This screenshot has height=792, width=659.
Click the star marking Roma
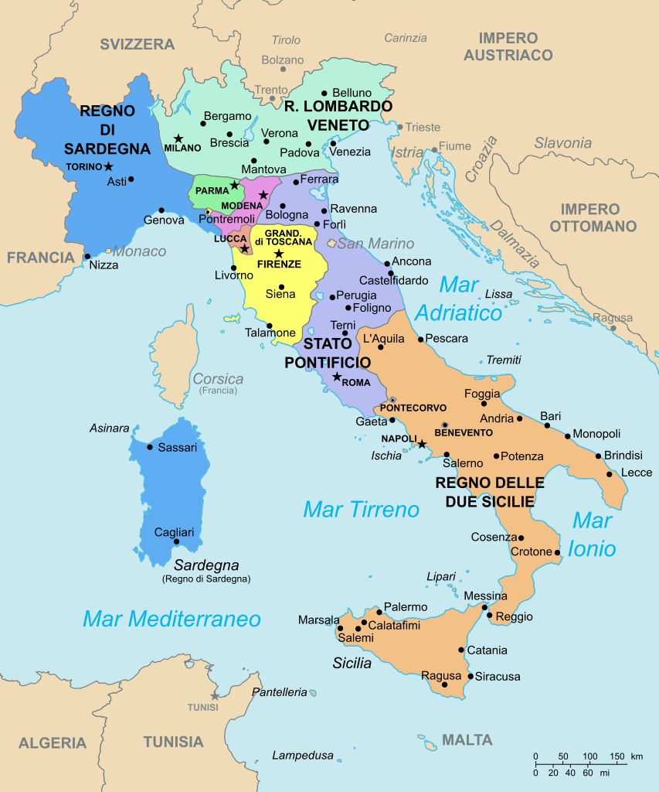[x=337, y=377]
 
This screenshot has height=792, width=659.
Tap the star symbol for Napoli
[x=423, y=444]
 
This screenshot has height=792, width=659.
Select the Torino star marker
[x=108, y=166]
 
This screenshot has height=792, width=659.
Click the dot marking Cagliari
[x=176, y=541]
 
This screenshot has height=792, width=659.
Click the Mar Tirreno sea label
[x=361, y=510]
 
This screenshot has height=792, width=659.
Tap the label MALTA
[x=467, y=739]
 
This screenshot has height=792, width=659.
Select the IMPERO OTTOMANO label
[x=590, y=217]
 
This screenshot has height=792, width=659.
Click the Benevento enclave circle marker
[x=445, y=425]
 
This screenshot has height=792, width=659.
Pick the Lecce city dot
[x=610, y=473]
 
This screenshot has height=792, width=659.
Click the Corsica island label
[x=218, y=379]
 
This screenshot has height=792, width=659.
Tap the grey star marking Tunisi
[x=215, y=695]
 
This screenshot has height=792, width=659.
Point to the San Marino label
[x=375, y=244]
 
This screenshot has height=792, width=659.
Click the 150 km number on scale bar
[x=617, y=756]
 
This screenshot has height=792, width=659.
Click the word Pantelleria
[x=279, y=692]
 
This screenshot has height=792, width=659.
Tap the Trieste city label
[x=423, y=127]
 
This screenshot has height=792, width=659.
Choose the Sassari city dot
[x=150, y=447]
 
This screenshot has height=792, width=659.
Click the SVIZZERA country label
[x=137, y=44]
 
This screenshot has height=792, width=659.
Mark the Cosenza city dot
[x=521, y=538]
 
